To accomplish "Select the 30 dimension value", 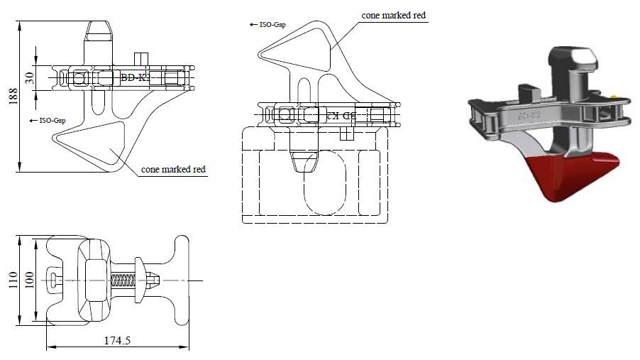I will pyautogui.click(x=30, y=77).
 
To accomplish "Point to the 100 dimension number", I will pyautogui.click(x=30, y=280).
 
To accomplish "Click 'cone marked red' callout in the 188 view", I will pyautogui.click(x=173, y=170).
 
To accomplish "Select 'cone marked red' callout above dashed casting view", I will pyautogui.click(x=395, y=15).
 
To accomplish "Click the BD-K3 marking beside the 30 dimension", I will pyautogui.click(x=135, y=77).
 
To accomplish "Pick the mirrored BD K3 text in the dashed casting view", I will pyautogui.click(x=340, y=114).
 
